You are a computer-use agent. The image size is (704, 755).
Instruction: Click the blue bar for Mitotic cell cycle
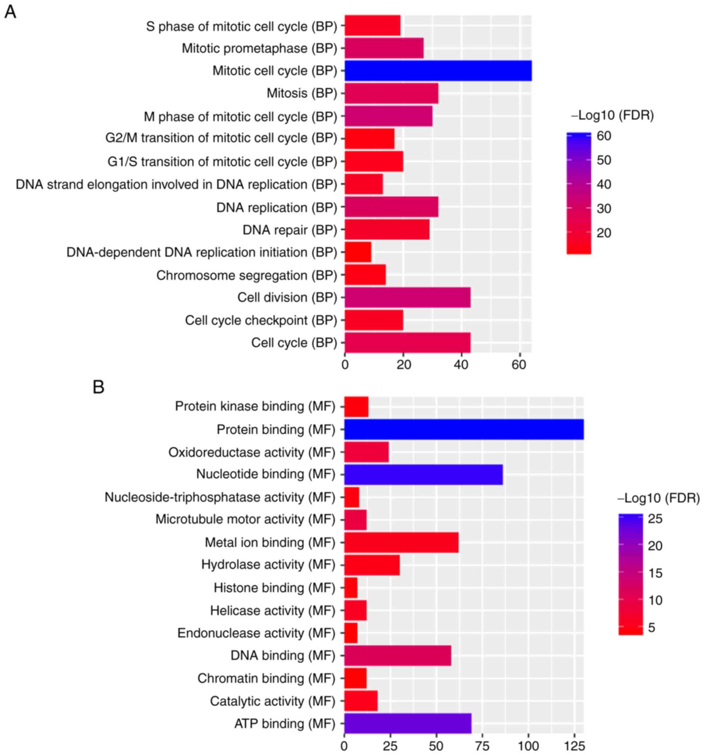pyautogui.click(x=438, y=71)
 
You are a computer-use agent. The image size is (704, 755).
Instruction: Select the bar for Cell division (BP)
pyautogui.click(x=407, y=297)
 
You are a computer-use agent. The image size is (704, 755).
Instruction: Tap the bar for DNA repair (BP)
pyautogui.click(x=387, y=229)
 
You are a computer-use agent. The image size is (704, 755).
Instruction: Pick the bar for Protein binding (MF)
pyautogui.click(x=464, y=429)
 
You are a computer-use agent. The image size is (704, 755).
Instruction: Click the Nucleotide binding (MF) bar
pyautogui.click(x=423, y=474)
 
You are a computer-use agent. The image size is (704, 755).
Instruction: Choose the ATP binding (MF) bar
pyautogui.click(x=408, y=723)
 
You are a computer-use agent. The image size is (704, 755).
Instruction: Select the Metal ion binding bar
pyautogui.click(x=401, y=542)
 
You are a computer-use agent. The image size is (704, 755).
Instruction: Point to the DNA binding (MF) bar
pyautogui.click(x=397, y=656)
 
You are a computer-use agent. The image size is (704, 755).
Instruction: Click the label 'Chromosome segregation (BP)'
pyautogui.click(x=247, y=275)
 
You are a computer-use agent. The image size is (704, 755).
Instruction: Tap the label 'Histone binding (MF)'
pyautogui.click(x=274, y=588)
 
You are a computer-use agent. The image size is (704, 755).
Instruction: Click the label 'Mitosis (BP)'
pyautogui.click(x=302, y=93)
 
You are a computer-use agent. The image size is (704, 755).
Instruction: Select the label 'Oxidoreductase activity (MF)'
pyautogui.click(x=251, y=452)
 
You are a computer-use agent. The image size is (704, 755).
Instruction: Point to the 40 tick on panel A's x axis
pyautogui.click(x=461, y=365)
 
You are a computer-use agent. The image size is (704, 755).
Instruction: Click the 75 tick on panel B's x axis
pyautogui.click(x=482, y=745)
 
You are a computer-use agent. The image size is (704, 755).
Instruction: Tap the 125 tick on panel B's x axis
pyautogui.click(x=574, y=745)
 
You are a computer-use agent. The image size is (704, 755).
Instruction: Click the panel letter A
pyautogui.click(x=10, y=12)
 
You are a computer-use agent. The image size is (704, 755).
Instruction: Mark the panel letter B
pyautogui.click(x=98, y=387)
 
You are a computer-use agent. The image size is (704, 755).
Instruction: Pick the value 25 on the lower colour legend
pyautogui.click(x=655, y=519)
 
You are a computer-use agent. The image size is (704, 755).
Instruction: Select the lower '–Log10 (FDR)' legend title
pyautogui.click(x=658, y=498)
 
